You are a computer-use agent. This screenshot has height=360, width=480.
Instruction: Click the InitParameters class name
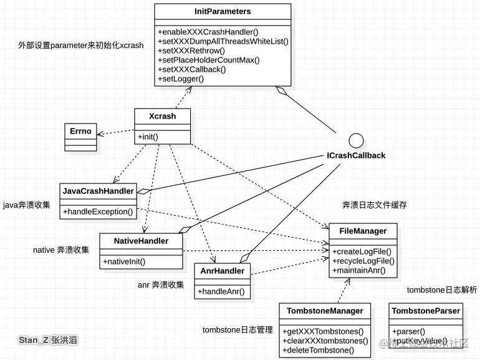(222, 11)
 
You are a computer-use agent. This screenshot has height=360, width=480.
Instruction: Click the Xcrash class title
(162, 116)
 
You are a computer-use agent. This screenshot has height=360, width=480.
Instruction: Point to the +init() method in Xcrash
(148, 136)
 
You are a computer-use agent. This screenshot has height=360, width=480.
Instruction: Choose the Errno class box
(80, 132)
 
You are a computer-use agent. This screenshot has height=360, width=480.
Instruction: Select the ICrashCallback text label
(356, 155)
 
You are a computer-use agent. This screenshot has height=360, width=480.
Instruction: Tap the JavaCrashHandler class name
(98, 191)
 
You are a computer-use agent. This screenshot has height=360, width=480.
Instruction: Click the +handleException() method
(98, 212)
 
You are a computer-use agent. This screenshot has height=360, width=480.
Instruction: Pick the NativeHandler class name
(141, 241)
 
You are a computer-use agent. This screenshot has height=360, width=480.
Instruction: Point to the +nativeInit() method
(124, 261)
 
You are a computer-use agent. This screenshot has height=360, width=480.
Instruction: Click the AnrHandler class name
(223, 271)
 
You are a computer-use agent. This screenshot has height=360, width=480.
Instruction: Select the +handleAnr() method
(221, 291)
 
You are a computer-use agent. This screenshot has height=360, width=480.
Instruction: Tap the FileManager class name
(363, 231)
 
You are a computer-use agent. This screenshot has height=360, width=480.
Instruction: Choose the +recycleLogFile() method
(363, 260)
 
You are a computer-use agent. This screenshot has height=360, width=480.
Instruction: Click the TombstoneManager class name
(325, 311)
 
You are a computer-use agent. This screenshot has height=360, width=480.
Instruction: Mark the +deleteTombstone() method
(318, 350)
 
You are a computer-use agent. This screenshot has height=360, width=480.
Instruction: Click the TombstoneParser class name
(426, 311)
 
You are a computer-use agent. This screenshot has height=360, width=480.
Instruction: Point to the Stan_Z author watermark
(49, 341)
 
